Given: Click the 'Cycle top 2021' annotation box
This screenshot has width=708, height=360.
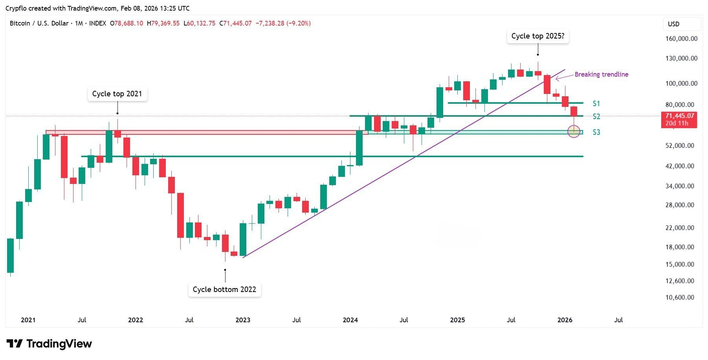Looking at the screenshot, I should pyautogui.click(x=117, y=94).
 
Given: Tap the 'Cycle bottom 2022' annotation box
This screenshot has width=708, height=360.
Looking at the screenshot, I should pyautogui.click(x=224, y=290).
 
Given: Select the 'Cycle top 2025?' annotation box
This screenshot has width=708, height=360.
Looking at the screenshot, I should pyautogui.click(x=537, y=36).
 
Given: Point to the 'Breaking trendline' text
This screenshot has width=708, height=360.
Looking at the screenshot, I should pyautogui.click(x=601, y=74).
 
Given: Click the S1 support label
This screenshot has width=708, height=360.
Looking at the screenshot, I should pyautogui.click(x=596, y=104).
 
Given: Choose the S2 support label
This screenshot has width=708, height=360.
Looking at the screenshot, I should pyautogui.click(x=596, y=116).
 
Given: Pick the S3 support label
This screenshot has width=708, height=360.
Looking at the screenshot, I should pyautogui.click(x=596, y=132).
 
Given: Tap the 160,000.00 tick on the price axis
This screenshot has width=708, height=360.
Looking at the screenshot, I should pyautogui.click(x=681, y=39).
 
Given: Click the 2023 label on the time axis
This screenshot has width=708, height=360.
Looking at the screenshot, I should pyautogui.click(x=243, y=320).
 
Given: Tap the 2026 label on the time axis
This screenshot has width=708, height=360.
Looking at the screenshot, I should pyautogui.click(x=565, y=320).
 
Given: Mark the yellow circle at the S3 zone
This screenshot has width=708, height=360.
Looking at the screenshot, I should pyautogui.click(x=574, y=131).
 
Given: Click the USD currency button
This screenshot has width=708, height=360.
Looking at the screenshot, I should pyautogui.click(x=681, y=24).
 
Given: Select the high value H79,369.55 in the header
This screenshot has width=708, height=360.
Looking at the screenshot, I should pyautogui.click(x=163, y=24).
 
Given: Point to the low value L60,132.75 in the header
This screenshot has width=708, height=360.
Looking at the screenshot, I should pyautogui.click(x=199, y=24).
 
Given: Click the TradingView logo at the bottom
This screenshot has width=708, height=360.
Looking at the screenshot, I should pyautogui.click(x=49, y=344).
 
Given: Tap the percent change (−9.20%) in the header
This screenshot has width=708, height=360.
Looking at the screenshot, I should pyautogui.click(x=298, y=24).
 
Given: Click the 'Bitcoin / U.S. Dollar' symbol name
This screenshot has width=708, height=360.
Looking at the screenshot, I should pyautogui.click(x=39, y=24).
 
